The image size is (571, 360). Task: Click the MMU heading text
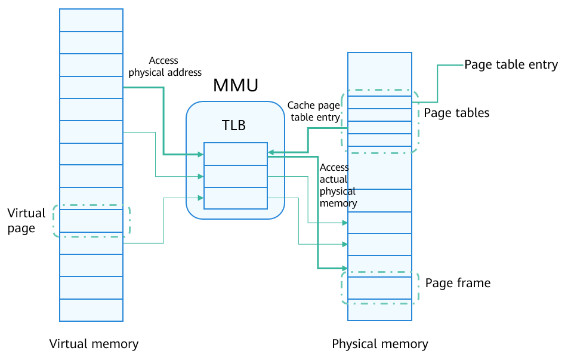pos(236,86)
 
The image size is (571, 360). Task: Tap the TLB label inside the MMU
pos(234,125)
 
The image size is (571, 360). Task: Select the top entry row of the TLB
pos(235,154)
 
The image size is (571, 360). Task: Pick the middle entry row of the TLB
pos(235,176)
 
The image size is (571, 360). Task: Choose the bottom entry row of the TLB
pos(235,198)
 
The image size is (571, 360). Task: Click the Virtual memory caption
pos(94,344)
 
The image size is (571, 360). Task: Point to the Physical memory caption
pos(379,344)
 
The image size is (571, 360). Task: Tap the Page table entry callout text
pos(511,64)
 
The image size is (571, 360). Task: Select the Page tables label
pos(456,112)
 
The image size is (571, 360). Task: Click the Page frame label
pos(458,282)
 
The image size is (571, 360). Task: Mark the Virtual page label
pos(26,220)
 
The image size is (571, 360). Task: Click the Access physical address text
pos(165,66)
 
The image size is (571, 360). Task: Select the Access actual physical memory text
pos(338,185)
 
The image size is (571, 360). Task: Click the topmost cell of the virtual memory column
pos(91,20)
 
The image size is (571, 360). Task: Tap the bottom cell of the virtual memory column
pos(91,310)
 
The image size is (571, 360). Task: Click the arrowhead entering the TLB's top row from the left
pos(201,155)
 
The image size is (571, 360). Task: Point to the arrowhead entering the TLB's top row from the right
pos(270,152)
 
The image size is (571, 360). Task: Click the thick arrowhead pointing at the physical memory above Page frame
pos(344,268)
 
